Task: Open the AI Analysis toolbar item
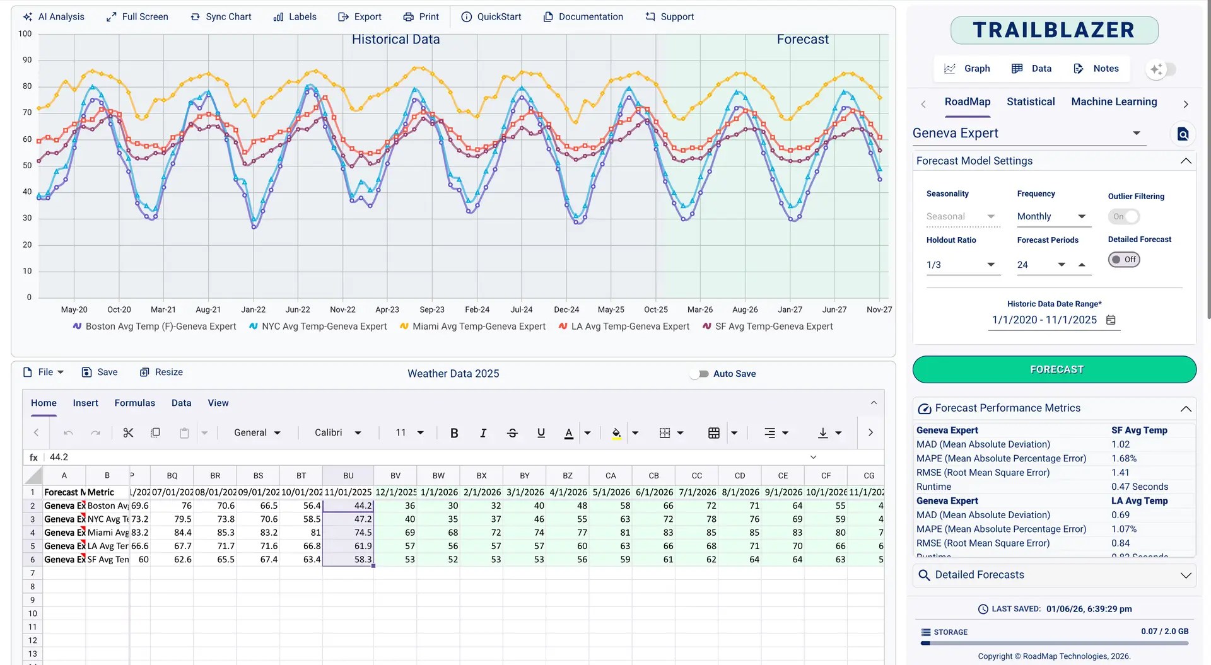point(54,17)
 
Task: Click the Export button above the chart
point(360,17)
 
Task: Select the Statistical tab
point(1030,101)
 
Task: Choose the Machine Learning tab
point(1113,101)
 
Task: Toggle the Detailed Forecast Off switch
point(1124,260)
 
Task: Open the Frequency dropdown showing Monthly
point(1051,217)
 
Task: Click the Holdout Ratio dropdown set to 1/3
point(961,265)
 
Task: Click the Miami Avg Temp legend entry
point(472,327)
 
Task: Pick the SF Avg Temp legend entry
point(768,327)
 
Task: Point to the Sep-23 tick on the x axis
point(432,309)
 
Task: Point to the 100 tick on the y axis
point(25,34)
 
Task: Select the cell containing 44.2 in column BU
point(348,506)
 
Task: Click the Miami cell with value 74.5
point(348,533)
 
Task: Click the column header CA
point(610,476)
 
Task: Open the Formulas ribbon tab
point(134,403)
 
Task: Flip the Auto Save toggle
point(699,374)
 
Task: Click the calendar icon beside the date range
point(1111,320)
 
